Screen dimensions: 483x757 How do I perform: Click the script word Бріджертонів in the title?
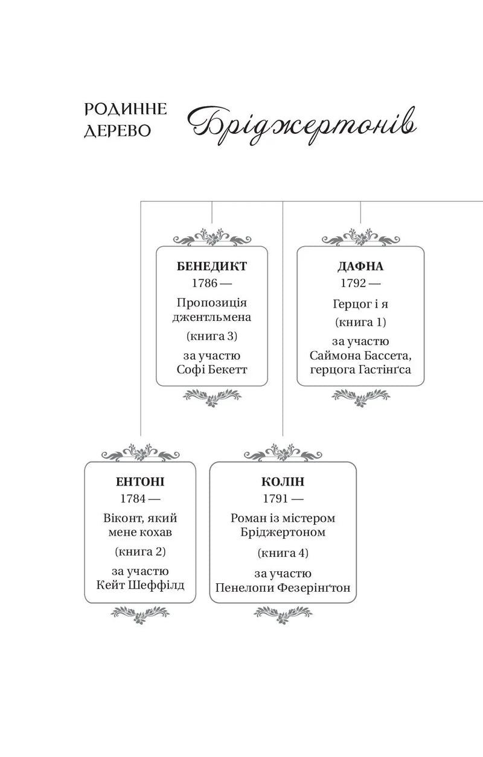pos(301,125)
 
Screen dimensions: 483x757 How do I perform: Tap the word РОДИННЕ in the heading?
pos(126,109)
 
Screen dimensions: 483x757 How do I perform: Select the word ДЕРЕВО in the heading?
pos(117,131)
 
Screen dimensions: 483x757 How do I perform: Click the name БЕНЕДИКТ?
pos(212,266)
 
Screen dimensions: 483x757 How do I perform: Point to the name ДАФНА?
pos(360,266)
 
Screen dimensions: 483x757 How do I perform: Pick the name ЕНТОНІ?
pos(140,481)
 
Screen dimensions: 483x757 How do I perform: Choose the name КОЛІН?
pos(283,481)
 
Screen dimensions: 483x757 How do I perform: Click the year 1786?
pos(204,283)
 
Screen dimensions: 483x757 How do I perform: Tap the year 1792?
pos(353,283)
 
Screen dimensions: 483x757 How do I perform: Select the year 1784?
pos(133,498)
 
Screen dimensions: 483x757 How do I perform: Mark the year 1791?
pos(275,498)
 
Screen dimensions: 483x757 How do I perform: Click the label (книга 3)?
pos(212,336)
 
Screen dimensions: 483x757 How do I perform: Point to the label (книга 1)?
pos(360,322)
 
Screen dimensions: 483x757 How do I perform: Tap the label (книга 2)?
pos(140,551)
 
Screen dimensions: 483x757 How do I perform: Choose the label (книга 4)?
pos(283,553)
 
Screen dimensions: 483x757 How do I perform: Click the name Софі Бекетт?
pos(212,369)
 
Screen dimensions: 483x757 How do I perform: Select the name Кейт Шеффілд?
pos(140,585)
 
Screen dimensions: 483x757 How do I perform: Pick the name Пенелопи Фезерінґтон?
pos(283,588)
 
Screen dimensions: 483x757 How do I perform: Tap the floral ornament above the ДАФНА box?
pos(360,237)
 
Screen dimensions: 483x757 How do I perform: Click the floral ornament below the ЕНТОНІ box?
pos(140,614)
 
